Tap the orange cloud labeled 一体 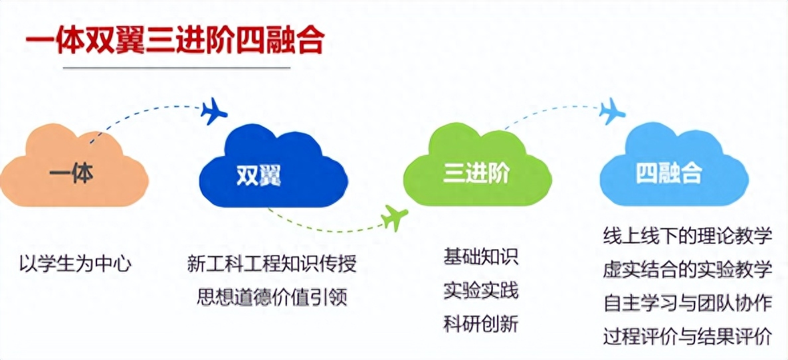coord(74,165)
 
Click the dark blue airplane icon coord(213,111)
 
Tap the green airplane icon coord(395,217)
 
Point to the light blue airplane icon coord(612,111)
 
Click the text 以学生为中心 coord(75,264)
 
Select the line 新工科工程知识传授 coord(272,264)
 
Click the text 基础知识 coord(480,256)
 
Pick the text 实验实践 coord(480,291)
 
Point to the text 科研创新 coord(480,324)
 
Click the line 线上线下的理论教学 coord(687,236)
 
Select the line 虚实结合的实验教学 coord(687,270)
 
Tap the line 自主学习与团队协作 coord(687,304)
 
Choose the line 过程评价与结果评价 coord(687,337)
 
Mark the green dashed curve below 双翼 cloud coord(322,229)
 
